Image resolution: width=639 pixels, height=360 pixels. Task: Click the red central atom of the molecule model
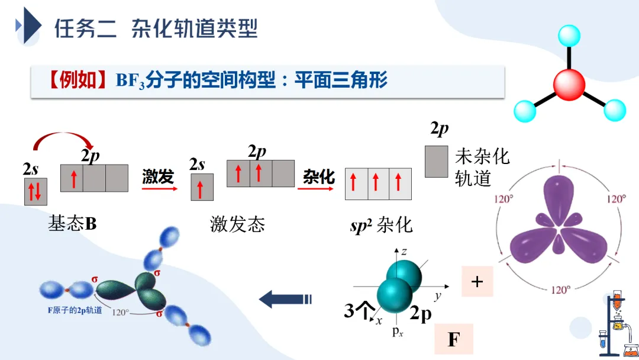[x=569, y=84]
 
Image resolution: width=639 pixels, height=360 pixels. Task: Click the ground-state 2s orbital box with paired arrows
[x=35, y=191]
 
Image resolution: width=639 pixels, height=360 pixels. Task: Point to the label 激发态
[x=237, y=223]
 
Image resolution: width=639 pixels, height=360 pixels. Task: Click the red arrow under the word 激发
[x=159, y=189]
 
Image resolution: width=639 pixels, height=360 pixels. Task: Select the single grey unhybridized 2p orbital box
[x=437, y=162]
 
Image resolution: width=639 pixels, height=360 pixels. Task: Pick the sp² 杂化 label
[x=382, y=225]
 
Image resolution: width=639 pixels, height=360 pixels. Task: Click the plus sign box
[x=477, y=282]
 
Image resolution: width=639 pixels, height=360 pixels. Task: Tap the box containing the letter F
[x=454, y=339]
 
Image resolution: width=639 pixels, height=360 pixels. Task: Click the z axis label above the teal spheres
[x=404, y=252]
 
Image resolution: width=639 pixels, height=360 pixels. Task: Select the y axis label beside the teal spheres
[x=438, y=294]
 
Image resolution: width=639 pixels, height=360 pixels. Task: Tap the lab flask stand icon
[x=616, y=323]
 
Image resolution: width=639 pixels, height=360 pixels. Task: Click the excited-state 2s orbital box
[x=202, y=187]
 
